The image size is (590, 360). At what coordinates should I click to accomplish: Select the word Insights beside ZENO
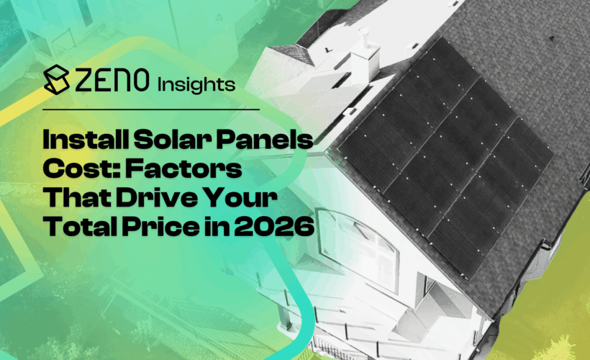coord(196,84)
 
